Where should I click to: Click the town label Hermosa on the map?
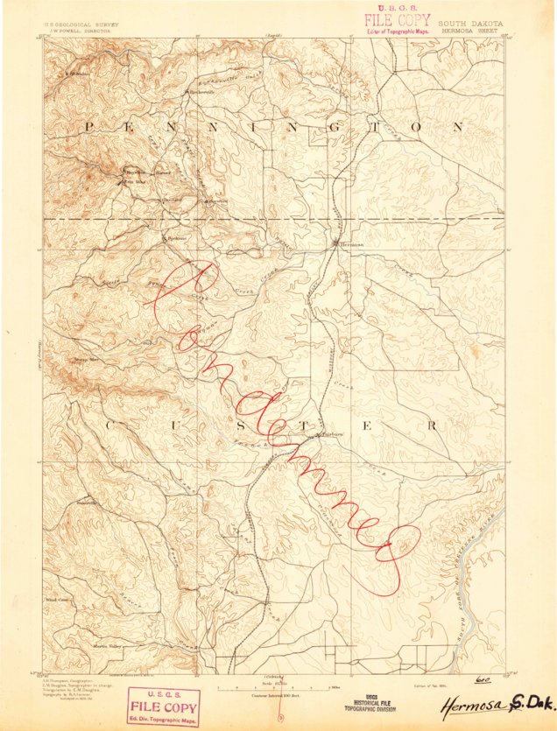pos(351,244)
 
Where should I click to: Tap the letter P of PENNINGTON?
pos(88,128)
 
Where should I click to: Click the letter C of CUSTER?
pos(111,425)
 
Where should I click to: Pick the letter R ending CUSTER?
pos(432,425)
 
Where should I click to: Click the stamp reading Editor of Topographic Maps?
pos(398,32)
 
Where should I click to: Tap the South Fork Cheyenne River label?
pos(483,560)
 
